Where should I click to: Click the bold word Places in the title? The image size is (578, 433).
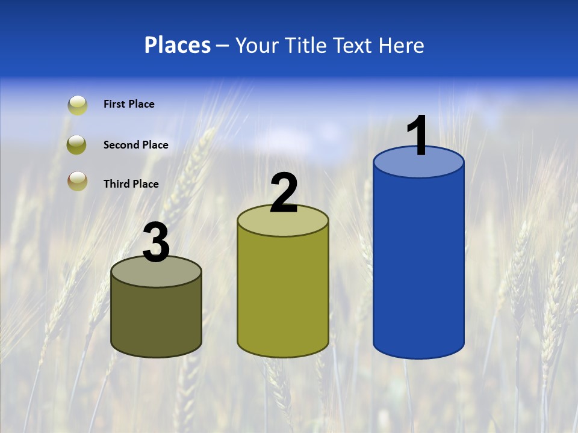coord(178,45)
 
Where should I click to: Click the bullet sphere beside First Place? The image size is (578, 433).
coord(77,105)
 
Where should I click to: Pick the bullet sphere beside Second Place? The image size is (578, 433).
coord(77,145)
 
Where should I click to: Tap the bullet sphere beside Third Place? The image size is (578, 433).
coord(77,181)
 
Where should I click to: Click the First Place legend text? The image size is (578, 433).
coord(129,104)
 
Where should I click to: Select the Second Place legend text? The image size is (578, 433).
coord(135,145)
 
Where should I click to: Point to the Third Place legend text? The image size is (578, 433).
coord(131,184)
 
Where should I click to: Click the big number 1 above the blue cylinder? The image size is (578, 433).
coord(418,135)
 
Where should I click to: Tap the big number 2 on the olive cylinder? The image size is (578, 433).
coord(284,193)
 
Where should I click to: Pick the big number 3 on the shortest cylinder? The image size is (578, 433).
coord(156,243)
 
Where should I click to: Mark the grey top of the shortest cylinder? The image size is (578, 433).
coord(156,274)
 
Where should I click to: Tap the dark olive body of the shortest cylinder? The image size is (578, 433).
coord(156,319)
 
